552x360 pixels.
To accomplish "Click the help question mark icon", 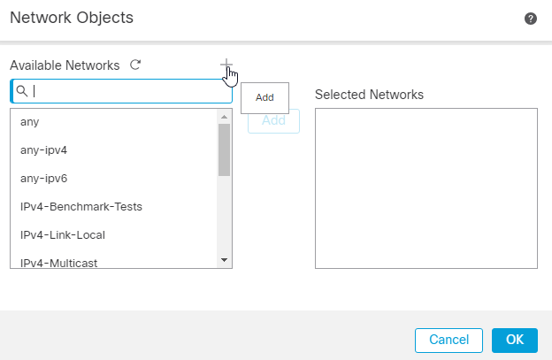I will [531, 19].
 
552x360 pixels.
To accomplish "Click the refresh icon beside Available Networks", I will [135, 65].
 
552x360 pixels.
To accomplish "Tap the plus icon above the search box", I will [226, 65].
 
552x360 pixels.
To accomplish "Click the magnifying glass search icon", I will [22, 91].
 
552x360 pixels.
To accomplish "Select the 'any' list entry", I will [29, 121].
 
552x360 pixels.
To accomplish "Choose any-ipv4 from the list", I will [43, 149].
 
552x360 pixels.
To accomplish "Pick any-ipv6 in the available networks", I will [43, 178].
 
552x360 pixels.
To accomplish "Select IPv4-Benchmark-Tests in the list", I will [81, 206].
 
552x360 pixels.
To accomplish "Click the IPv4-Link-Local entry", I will [63, 234].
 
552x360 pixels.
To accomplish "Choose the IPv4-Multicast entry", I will [58, 262].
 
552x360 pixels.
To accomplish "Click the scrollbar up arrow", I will [224, 117].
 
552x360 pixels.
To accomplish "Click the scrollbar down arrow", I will [224, 260].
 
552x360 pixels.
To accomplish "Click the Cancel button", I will [448, 340].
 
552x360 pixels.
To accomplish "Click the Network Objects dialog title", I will [71, 18].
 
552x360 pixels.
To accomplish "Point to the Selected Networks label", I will [369, 94].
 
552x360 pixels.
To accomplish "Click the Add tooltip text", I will [264, 97].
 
